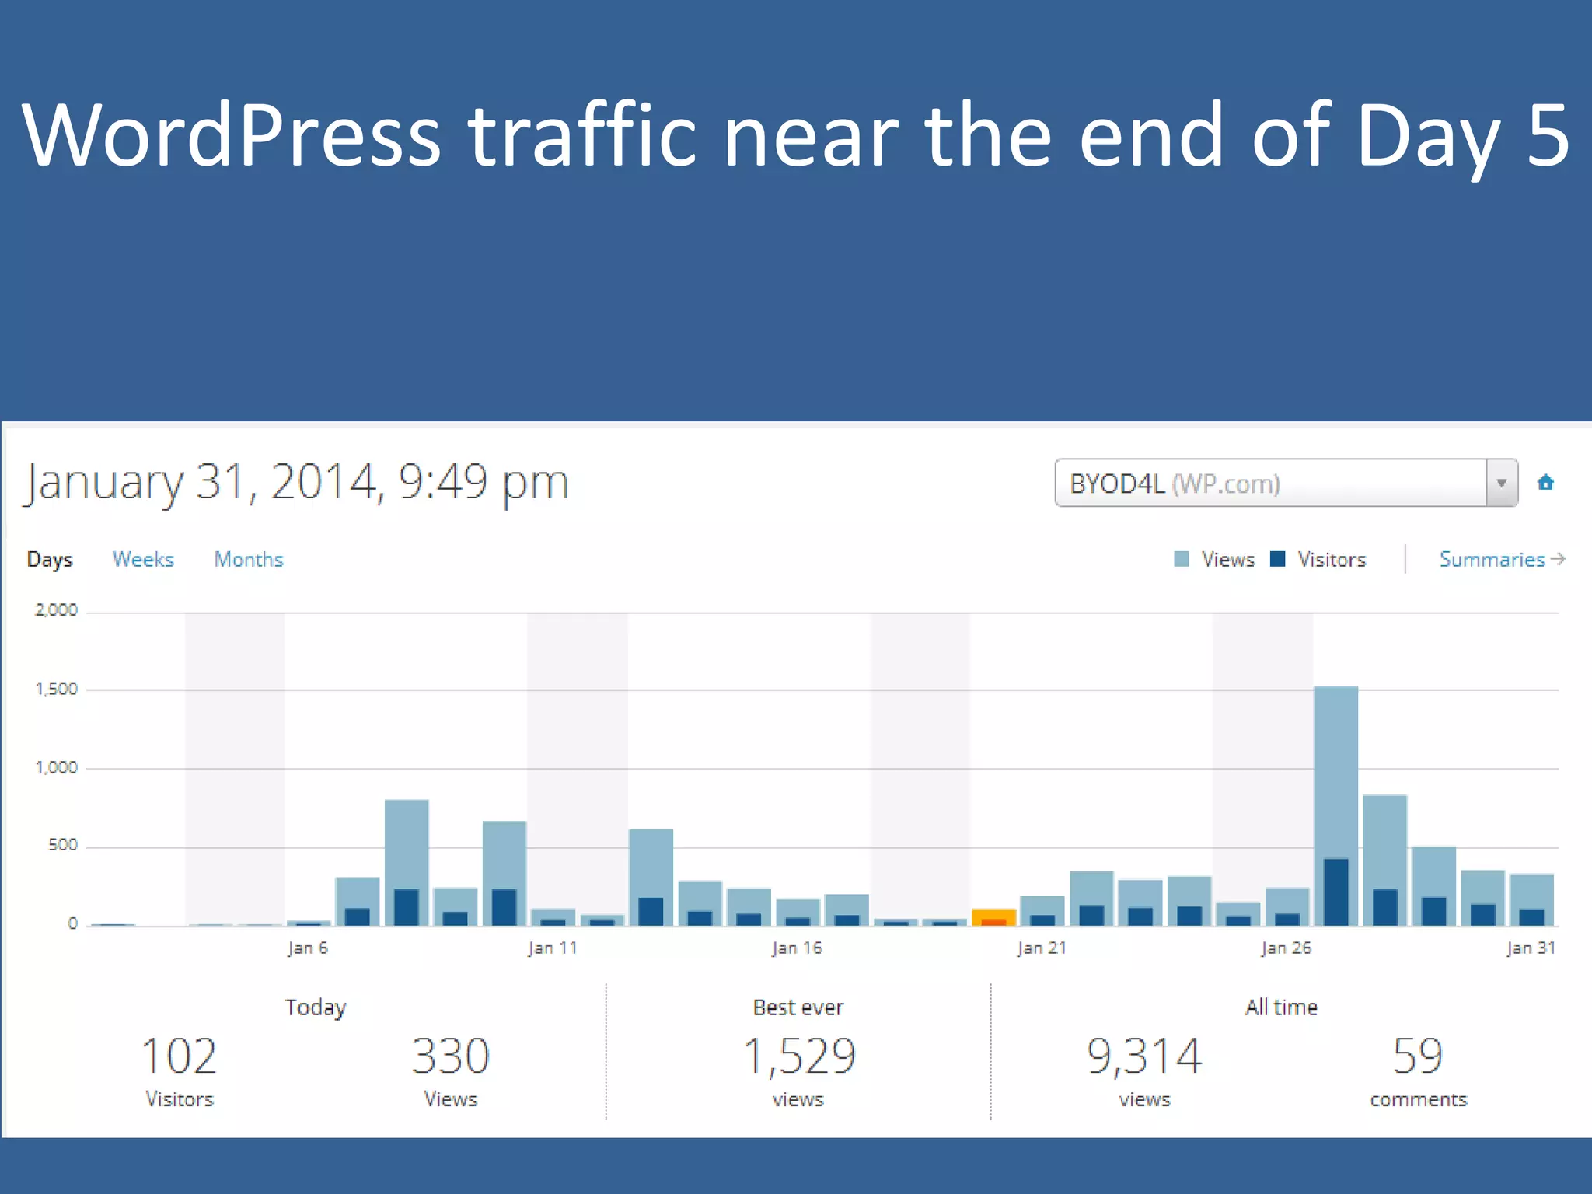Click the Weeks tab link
pyautogui.click(x=143, y=559)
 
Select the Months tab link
pyautogui.click(x=249, y=559)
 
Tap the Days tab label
pyautogui.click(x=50, y=559)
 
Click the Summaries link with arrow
pyautogui.click(x=1501, y=559)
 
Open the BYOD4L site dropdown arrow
pyautogui.click(x=1501, y=483)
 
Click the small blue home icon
pyautogui.click(x=1545, y=483)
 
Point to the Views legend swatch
pyautogui.click(x=1182, y=559)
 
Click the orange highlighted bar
pyautogui.click(x=993, y=916)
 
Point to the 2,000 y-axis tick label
pyautogui.click(x=56, y=610)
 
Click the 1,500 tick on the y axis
pyautogui.click(x=56, y=689)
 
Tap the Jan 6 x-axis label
pyautogui.click(x=308, y=948)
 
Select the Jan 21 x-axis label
pyautogui.click(x=1042, y=948)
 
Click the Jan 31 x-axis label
pyautogui.click(x=1531, y=948)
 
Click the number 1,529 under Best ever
pyautogui.click(x=799, y=1056)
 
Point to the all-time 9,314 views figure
pyautogui.click(x=1144, y=1056)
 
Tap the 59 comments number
pyautogui.click(x=1418, y=1056)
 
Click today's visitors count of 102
pyautogui.click(x=179, y=1056)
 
